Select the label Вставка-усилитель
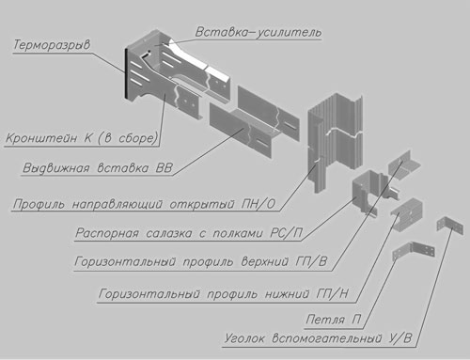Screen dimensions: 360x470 (258, 32)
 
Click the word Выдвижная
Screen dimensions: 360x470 (58, 170)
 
